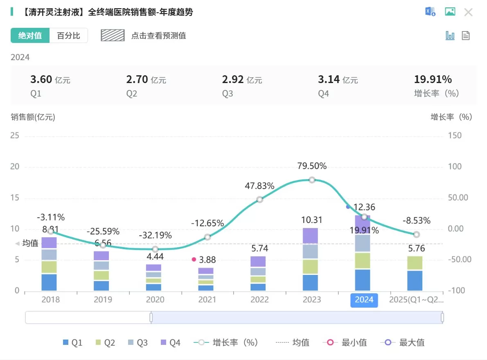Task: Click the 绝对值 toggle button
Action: [30, 36]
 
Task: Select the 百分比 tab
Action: [68, 36]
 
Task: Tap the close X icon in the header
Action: [468, 12]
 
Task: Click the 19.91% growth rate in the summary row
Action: [433, 80]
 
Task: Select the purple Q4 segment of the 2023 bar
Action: [312, 236]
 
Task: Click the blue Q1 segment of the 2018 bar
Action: [49, 282]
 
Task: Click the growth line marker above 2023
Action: [312, 180]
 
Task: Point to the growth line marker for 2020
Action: [155, 249]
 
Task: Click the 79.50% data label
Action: [312, 166]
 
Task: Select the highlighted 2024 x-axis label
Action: [364, 300]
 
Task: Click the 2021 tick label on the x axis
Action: [207, 300]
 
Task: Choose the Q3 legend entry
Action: [137, 343]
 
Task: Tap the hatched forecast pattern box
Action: [113, 36]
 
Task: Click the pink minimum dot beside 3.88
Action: [194, 259]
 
